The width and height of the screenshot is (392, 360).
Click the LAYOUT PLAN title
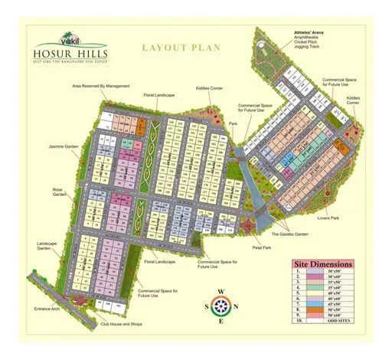[x=181, y=47]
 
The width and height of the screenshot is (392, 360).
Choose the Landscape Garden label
[x=48, y=247]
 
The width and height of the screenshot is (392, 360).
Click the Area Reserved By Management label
[x=101, y=86]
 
